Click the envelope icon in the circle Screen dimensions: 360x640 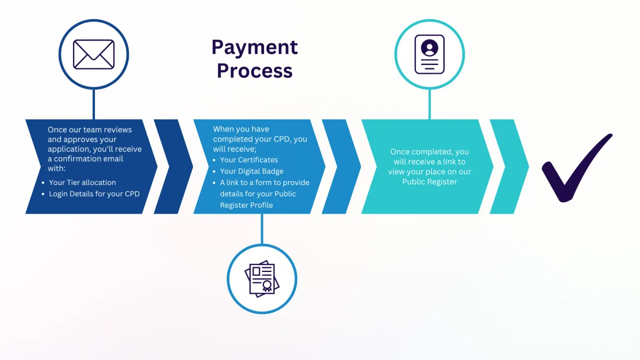coord(94,54)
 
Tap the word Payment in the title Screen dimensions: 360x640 coord(254,48)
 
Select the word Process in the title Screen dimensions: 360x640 coord(254,71)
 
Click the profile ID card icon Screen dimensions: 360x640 coord(429,54)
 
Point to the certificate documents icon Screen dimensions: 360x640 coord(262,279)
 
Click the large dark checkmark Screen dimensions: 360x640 coord(576,168)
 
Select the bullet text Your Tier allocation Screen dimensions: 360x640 coord(82,182)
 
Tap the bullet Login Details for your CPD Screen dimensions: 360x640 coord(94,194)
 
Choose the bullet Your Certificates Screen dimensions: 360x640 coord(249,159)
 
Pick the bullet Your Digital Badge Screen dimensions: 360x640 coord(251,171)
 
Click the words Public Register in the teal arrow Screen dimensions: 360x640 coord(429,182)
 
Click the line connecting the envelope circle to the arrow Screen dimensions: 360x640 coord(94,104)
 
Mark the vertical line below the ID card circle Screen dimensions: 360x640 coord(429,104)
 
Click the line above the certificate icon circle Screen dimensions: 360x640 coord(262,229)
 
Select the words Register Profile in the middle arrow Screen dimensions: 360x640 coord(246,205)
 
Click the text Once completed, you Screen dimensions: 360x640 coord(429,152)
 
